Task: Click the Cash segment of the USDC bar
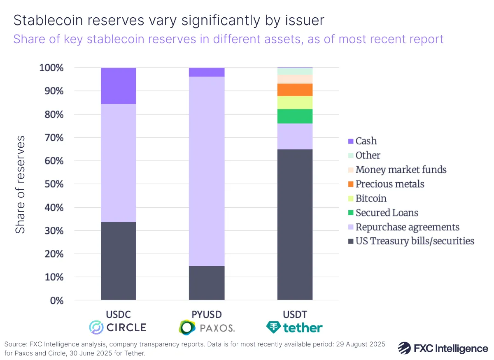point(119,86)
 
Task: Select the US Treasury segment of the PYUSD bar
point(207,283)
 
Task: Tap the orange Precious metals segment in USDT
point(295,90)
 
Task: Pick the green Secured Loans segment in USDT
point(295,116)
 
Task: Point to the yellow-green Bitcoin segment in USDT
point(295,102)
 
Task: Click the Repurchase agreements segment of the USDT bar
point(295,136)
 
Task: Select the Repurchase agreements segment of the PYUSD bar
point(207,171)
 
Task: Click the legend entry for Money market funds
point(401,170)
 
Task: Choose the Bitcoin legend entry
point(370,198)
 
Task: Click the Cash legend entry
point(366,141)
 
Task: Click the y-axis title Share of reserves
point(20,184)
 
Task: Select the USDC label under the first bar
point(118,314)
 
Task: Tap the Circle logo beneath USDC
point(118,327)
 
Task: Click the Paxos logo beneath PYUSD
point(207,327)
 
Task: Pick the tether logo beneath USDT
point(295,327)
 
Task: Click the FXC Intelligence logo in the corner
point(443,348)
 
